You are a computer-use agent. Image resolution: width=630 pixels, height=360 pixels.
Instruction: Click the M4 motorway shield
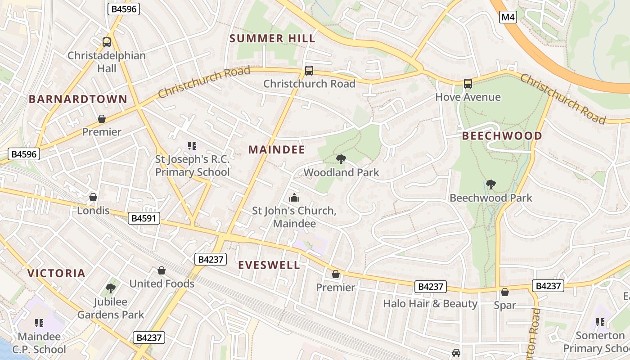click(x=508, y=18)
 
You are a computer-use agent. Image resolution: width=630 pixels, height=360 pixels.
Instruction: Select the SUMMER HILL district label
click(x=273, y=39)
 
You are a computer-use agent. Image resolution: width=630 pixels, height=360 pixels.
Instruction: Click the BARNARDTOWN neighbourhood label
click(x=78, y=99)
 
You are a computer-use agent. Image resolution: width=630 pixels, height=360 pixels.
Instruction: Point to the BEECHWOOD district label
click(x=502, y=136)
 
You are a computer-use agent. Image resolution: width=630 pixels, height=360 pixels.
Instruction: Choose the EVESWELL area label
click(x=269, y=265)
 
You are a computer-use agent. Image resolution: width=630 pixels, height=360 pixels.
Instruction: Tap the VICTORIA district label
click(x=56, y=273)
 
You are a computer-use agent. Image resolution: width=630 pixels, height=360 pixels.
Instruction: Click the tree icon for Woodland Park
click(x=341, y=159)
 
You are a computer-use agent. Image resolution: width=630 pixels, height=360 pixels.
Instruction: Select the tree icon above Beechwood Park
click(x=491, y=184)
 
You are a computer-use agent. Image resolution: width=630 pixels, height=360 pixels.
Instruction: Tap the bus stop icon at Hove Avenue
click(x=468, y=83)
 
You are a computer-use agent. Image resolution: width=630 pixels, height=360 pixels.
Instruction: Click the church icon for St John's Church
click(x=294, y=198)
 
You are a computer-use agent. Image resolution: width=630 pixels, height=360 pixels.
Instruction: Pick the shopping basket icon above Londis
click(x=93, y=197)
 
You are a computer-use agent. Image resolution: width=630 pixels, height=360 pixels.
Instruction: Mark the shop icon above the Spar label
click(x=505, y=292)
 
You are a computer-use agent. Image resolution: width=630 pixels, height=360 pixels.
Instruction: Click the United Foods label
click(x=162, y=283)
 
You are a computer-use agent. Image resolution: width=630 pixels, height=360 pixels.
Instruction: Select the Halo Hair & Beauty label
click(x=430, y=304)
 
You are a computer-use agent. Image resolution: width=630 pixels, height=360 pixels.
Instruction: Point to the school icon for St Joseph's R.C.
click(x=192, y=145)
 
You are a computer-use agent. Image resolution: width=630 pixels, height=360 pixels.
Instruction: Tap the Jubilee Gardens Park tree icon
click(x=110, y=288)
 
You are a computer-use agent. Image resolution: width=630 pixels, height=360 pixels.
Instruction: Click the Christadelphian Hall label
click(x=107, y=62)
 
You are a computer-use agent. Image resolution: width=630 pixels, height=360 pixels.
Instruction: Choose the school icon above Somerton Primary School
click(x=600, y=322)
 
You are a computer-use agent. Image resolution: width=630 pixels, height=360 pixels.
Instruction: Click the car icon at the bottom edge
click(x=456, y=353)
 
